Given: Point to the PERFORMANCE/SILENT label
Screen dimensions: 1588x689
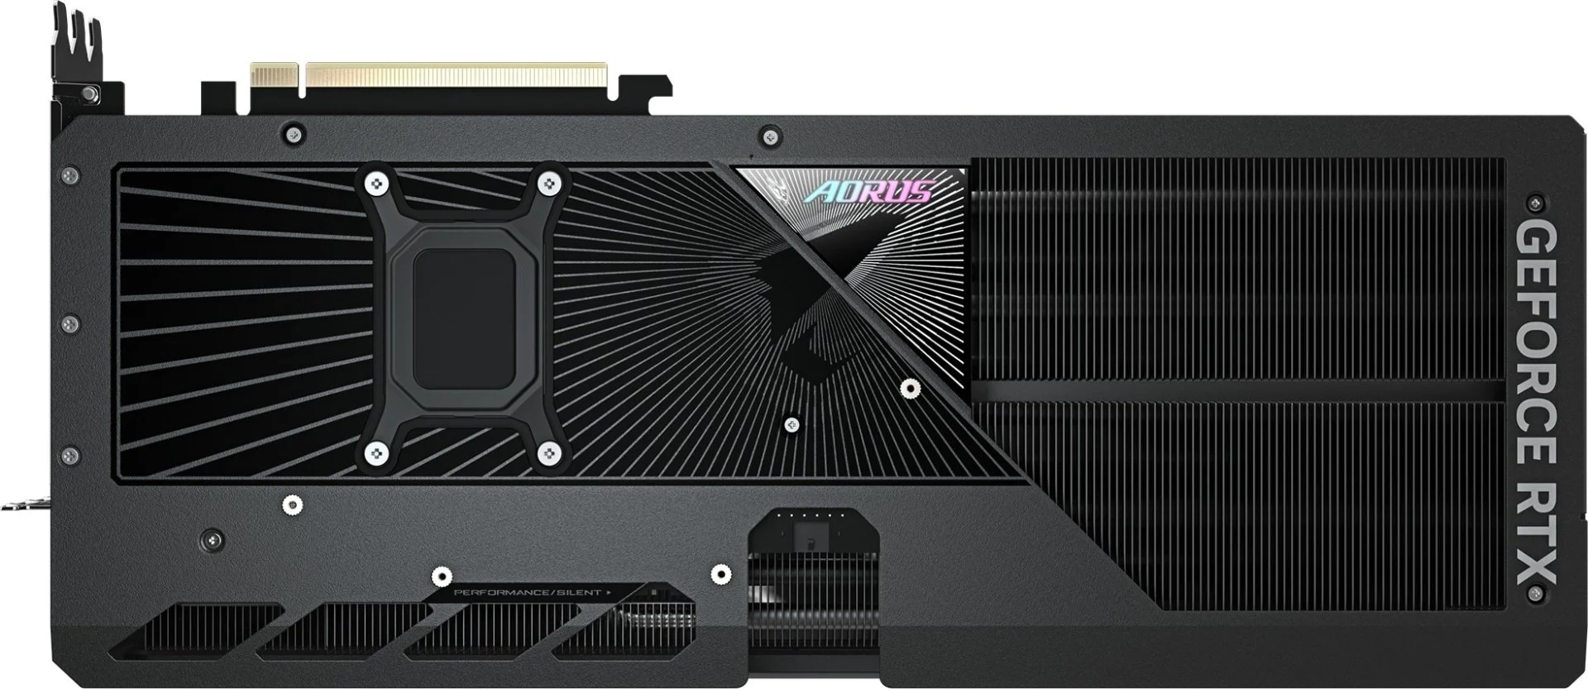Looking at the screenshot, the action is (529, 592).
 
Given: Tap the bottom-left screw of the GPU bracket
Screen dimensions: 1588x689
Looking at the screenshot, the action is (377, 452).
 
